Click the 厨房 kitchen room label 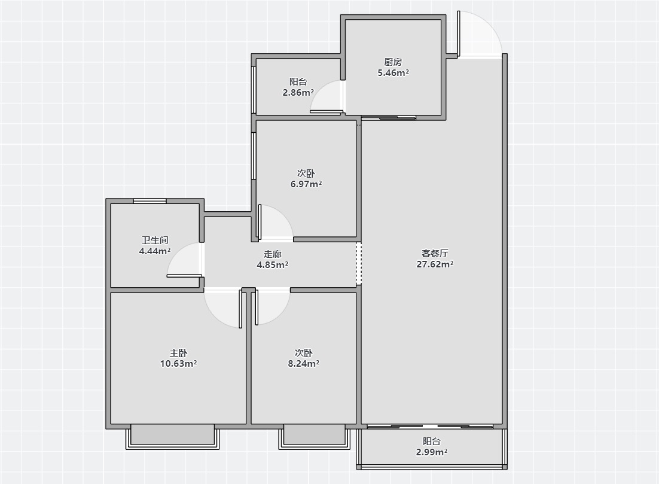393,62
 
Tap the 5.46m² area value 393,73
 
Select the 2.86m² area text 298,93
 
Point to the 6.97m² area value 306,184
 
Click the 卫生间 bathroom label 155,240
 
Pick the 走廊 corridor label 272,254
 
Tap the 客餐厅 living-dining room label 435,253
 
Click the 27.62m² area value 435,264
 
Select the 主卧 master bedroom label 178,353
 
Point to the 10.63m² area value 178,364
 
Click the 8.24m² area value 303,364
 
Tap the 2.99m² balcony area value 432,452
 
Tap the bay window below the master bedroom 172,437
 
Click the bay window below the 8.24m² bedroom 315,437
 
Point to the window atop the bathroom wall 150,201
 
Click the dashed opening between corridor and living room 358,263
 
